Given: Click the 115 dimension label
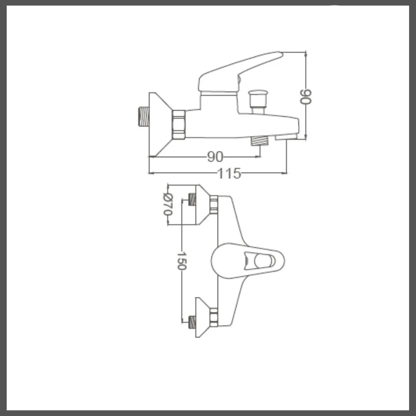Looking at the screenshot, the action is tap(229, 173).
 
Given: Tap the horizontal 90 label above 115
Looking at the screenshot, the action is tap(215, 157).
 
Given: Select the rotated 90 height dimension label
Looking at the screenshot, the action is tap(305, 97).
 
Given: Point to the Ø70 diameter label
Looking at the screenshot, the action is tap(168, 205).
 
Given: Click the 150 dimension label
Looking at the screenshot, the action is tap(182, 261).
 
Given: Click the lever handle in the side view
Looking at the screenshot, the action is tap(240, 72).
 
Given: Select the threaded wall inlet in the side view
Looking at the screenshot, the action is tap(144, 117).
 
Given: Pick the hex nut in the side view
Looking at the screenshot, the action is tap(179, 125).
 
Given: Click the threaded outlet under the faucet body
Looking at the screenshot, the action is tap(260, 141).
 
